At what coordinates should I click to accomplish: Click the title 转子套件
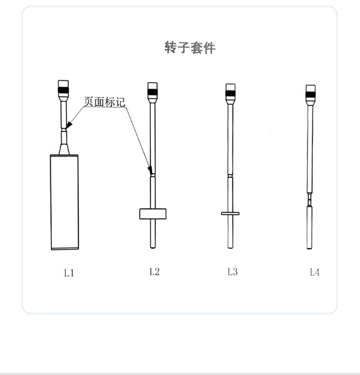[190, 47]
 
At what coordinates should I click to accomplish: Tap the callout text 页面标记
[104, 102]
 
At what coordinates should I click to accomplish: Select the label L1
[69, 273]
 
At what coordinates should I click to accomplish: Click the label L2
[154, 272]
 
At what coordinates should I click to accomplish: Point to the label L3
[233, 272]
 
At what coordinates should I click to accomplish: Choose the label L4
[315, 272]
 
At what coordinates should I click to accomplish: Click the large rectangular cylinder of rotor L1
[64, 202]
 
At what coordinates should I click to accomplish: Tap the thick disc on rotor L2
[153, 214]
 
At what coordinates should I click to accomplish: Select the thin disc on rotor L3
[230, 213]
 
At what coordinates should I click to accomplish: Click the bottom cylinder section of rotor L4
[310, 228]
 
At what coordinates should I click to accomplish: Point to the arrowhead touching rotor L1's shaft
[69, 125]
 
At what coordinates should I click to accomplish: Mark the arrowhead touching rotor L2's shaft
[150, 170]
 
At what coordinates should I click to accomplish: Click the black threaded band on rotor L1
[63, 90]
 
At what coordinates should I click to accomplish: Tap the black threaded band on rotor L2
[153, 92]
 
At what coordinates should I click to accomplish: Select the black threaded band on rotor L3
[230, 93]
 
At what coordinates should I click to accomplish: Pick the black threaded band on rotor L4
[310, 94]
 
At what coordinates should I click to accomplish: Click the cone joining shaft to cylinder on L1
[64, 149]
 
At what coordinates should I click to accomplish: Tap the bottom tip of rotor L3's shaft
[230, 248]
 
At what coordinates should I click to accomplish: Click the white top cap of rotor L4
[310, 88]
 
